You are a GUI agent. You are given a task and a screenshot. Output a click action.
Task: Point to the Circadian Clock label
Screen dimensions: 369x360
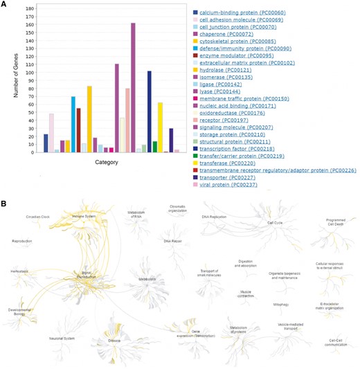pyautogui.click(x=37, y=217)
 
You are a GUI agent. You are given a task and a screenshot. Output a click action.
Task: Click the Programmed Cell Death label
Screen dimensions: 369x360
pyautogui.click(x=335, y=222)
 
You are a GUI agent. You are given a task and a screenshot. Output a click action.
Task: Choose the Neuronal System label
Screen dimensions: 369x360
pyautogui.click(x=62, y=339)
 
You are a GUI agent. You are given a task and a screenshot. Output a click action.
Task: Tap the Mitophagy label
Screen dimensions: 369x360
pyautogui.click(x=281, y=305)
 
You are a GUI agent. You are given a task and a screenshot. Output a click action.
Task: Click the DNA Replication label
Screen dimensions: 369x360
pyautogui.click(x=214, y=217)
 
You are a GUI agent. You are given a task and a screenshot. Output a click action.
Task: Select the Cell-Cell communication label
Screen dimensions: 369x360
pyautogui.click(x=335, y=342)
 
